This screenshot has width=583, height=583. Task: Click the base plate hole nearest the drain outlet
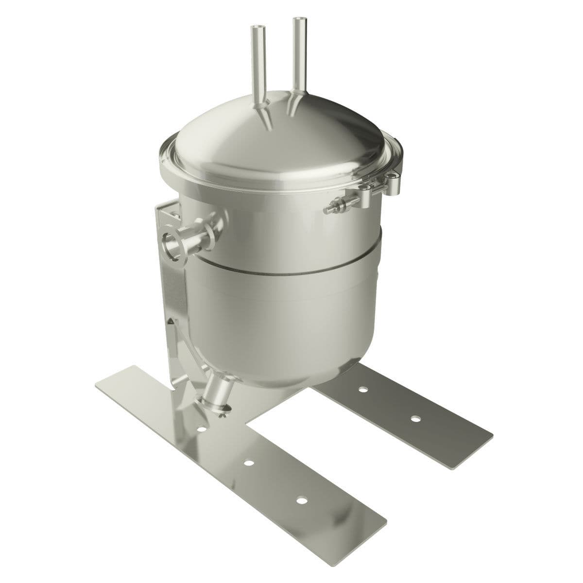200,429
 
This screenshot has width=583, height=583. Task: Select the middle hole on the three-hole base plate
249,463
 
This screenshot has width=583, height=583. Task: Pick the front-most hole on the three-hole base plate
302,500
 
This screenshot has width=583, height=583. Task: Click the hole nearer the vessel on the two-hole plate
362,389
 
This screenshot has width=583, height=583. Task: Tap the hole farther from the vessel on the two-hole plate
414,418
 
